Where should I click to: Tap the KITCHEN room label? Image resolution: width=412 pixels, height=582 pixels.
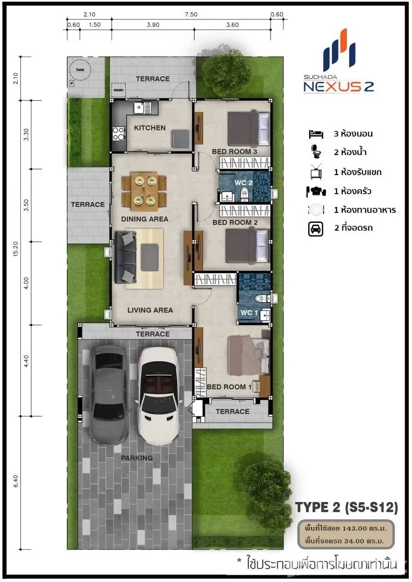pyautogui.click(x=150, y=128)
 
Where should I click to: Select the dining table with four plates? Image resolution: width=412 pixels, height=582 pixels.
pyautogui.click(x=144, y=191)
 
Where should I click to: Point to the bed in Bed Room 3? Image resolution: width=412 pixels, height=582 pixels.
pyautogui.click(x=249, y=129)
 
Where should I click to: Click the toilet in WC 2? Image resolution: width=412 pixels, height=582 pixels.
pyautogui.click(x=245, y=193)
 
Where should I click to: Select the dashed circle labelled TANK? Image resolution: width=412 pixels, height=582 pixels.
pyautogui.click(x=80, y=70)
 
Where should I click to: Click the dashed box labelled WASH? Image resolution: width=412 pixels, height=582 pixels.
pyautogui.click(x=118, y=90)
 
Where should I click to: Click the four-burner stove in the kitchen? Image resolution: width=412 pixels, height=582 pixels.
pyautogui.click(x=119, y=133)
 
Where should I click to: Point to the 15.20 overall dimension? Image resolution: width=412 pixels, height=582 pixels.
pyautogui.click(x=15, y=249)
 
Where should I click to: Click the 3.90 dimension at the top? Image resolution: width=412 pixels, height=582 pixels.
pyautogui.click(x=153, y=25)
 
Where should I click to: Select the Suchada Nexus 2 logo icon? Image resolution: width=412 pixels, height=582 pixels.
pyautogui.click(x=339, y=50)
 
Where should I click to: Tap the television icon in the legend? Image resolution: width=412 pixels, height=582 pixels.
pyautogui.click(x=316, y=172)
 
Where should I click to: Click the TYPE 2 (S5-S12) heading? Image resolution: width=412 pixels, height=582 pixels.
pyautogui.click(x=346, y=507)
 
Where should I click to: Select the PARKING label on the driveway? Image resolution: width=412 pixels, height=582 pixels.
pyautogui.click(x=137, y=458)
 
